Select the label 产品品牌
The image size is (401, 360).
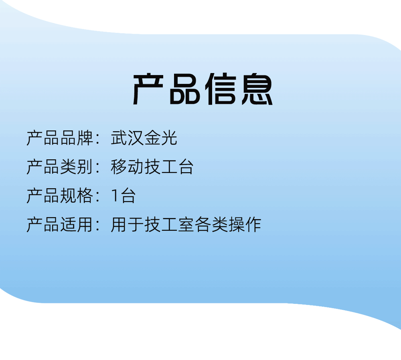[x=60, y=138]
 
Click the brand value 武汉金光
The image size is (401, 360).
[x=144, y=138]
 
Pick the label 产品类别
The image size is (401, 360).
[x=60, y=167]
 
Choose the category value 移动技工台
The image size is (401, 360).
[x=152, y=167]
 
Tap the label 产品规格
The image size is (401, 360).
[x=60, y=196]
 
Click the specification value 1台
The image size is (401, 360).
[x=124, y=196]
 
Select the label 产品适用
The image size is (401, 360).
[x=60, y=225]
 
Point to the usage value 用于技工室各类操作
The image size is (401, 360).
[x=186, y=225]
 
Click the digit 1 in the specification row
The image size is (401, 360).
[x=115, y=196]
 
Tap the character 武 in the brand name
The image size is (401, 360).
[x=119, y=138]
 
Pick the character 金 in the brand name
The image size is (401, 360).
[x=152, y=138]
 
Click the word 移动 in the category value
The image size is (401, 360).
[x=128, y=167]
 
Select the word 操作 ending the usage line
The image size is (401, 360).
[x=245, y=225]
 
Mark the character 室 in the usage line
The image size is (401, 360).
[x=186, y=225]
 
